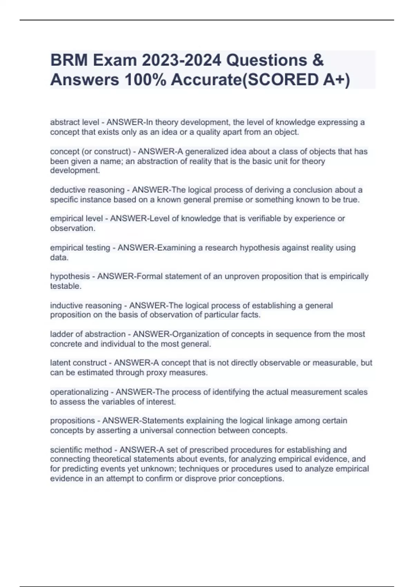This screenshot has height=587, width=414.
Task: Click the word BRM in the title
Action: tap(69, 60)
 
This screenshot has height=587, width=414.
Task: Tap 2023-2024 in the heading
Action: tap(181, 60)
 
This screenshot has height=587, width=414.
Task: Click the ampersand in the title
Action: tap(318, 60)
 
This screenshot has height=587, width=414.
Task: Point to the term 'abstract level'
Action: tap(74, 122)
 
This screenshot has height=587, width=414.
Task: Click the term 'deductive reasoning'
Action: tap(87, 190)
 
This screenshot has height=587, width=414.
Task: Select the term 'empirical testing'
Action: tap(80, 248)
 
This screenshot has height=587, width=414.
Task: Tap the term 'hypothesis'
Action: tap(70, 276)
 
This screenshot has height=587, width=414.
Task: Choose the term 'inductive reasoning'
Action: tap(86, 306)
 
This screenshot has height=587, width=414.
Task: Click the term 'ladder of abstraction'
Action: tap(88, 334)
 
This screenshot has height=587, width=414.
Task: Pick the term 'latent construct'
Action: tap(78, 363)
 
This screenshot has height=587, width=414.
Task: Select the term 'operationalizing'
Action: tap(79, 392)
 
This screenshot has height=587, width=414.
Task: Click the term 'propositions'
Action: tap(72, 421)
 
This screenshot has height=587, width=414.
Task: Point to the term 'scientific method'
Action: tap(81, 450)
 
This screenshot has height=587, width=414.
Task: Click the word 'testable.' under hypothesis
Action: tap(66, 286)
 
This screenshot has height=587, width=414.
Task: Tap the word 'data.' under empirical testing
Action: tap(59, 257)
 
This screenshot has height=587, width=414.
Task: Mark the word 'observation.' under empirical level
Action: tap(72, 228)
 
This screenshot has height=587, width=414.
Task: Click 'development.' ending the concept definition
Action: tap(75, 171)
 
